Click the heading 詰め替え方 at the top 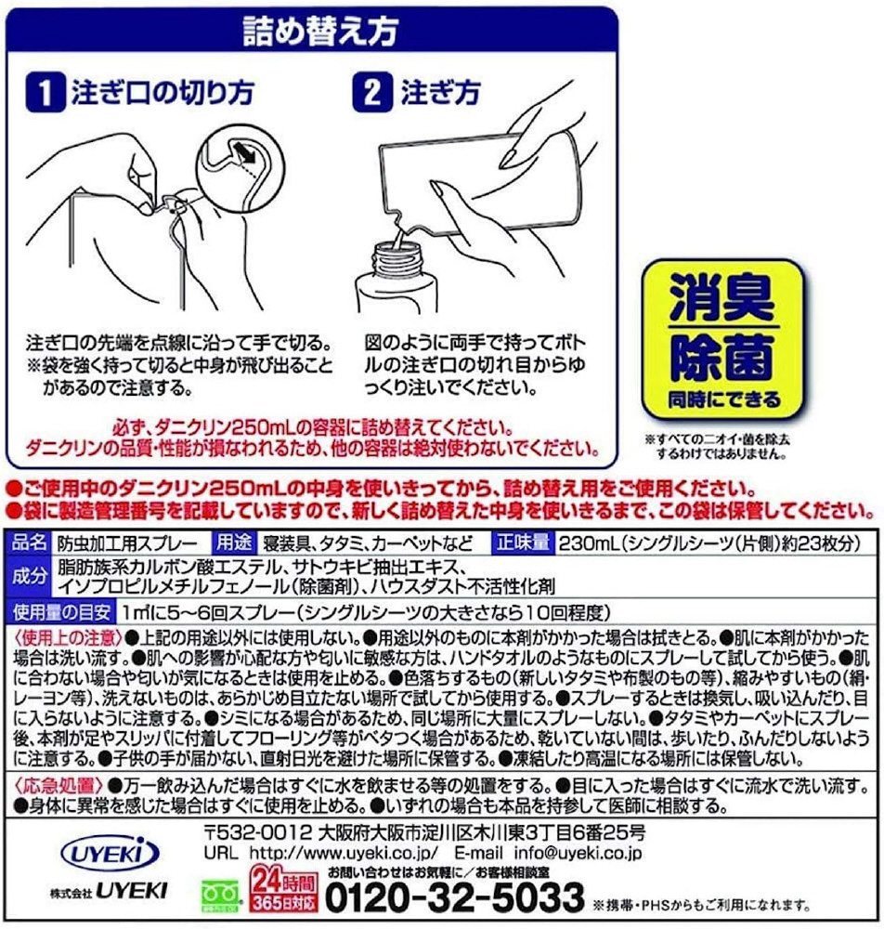point(320,31)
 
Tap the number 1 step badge point(45,93)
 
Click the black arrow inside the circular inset point(242,151)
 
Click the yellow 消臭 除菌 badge point(722,339)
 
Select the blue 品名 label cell point(30,543)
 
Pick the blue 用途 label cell point(234,543)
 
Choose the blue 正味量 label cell point(523,543)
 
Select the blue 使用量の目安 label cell point(61,611)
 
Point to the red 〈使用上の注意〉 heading point(68,638)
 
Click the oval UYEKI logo point(110,854)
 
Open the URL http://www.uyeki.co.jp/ point(344,853)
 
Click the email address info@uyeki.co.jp point(578,853)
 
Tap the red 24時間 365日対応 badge point(283,888)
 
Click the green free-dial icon point(222,896)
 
